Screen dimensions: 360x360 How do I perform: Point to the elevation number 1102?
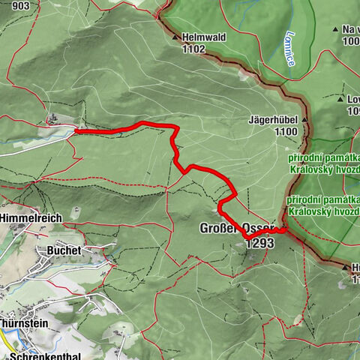tap(193, 49)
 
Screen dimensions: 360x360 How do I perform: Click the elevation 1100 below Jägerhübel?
tap(286, 131)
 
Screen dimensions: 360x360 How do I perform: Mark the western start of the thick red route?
tap(76, 131)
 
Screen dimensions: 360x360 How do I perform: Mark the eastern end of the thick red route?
tap(285, 230)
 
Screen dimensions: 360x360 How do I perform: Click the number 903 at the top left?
tap(21, 6)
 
